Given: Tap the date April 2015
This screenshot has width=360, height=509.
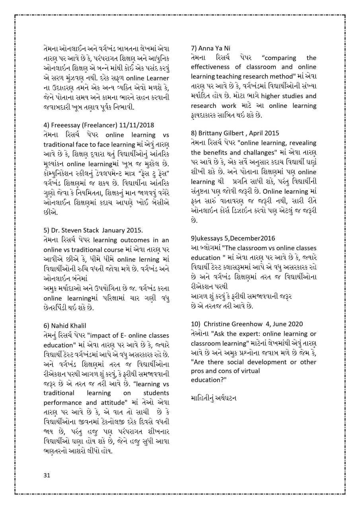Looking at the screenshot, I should [266, 133].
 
